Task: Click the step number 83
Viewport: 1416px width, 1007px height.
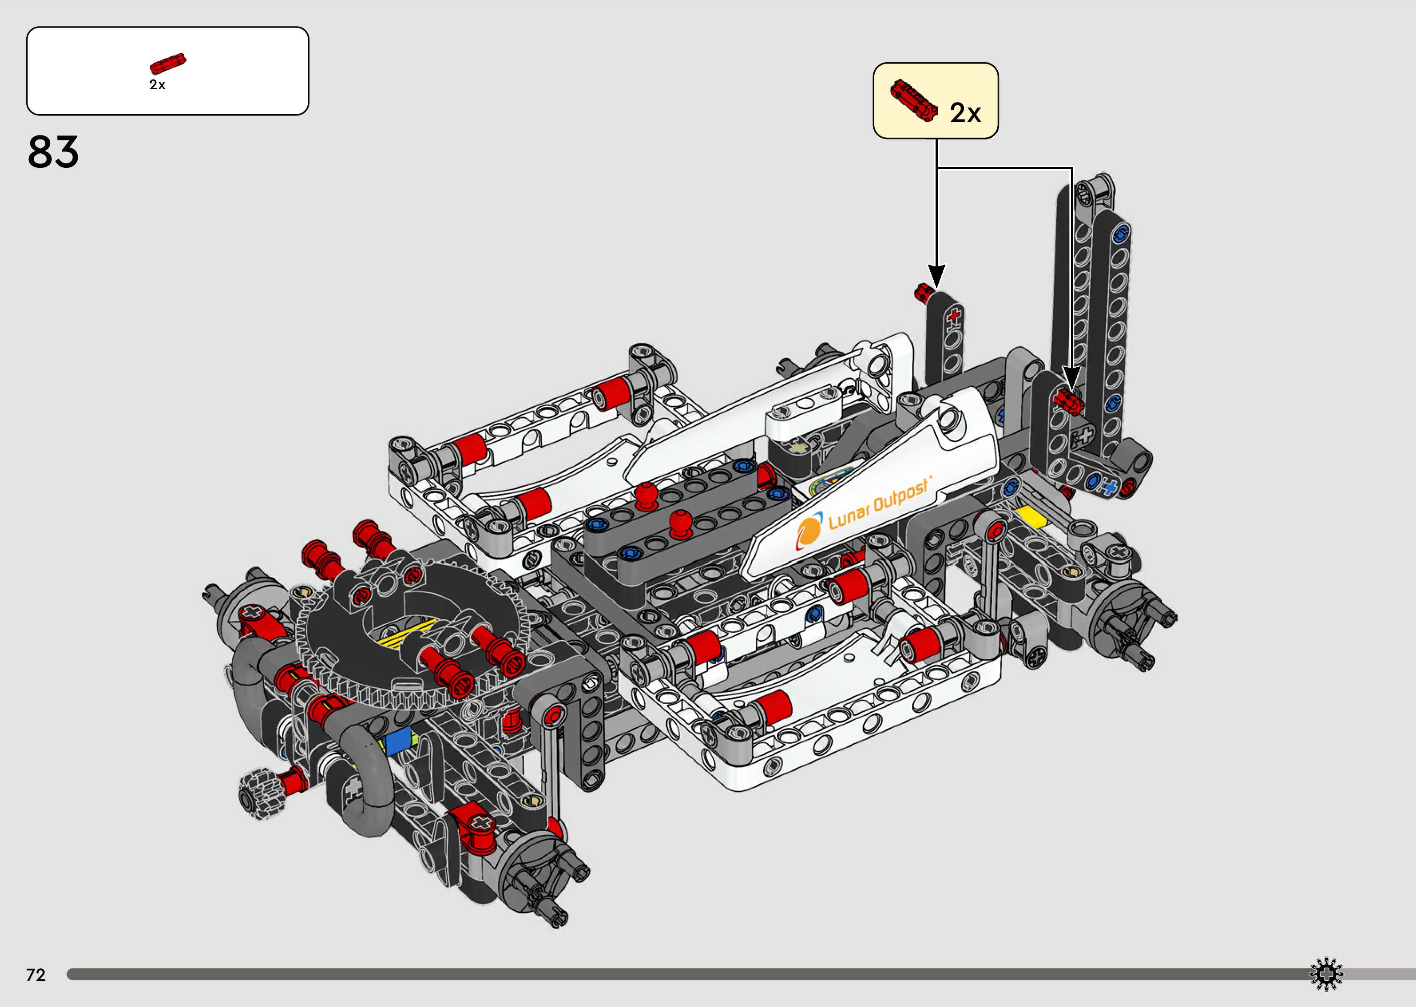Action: coord(53,152)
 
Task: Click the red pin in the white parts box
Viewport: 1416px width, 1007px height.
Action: coord(168,63)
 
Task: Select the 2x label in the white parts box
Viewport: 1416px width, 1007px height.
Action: coord(158,85)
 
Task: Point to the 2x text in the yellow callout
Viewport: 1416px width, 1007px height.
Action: coord(965,113)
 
